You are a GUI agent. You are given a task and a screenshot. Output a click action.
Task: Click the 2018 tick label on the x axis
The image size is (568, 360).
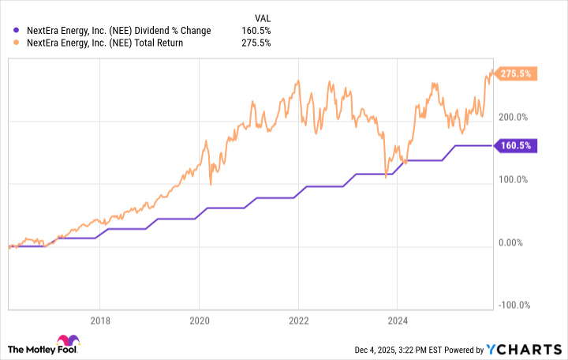point(99,321)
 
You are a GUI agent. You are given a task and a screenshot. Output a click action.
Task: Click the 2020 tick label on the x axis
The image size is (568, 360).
point(199,321)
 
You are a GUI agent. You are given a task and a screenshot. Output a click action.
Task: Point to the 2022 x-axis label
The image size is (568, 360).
point(298,321)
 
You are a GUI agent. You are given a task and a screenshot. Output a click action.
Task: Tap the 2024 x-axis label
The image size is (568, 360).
point(397,321)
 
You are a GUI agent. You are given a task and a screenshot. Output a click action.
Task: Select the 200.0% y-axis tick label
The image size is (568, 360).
point(513,118)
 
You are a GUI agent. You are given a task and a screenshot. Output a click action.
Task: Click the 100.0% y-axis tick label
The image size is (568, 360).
point(513,180)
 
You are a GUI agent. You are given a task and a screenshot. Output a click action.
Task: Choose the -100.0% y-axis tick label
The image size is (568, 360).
point(514,306)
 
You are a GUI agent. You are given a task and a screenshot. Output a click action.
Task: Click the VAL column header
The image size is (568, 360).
point(261,17)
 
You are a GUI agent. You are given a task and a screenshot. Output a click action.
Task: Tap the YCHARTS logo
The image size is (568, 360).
point(531,349)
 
